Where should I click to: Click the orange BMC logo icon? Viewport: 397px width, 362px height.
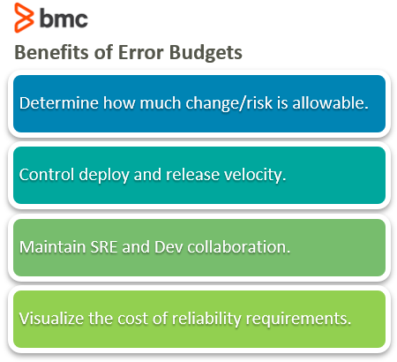coord(24,18)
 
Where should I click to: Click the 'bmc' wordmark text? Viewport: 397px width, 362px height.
coord(64,19)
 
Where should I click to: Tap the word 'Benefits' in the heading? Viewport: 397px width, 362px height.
coord(51,52)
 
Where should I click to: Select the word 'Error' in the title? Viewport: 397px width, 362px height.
coord(140,52)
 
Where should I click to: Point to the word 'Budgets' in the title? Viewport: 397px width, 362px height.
coord(206,53)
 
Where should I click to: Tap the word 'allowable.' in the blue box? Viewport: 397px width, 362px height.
coord(330,103)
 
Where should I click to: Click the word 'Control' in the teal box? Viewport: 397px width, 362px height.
coord(47,175)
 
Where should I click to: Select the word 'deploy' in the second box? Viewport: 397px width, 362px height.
coord(104,176)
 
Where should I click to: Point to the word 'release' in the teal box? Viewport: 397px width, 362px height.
coord(192,175)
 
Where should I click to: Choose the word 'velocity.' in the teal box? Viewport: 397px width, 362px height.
coord(255,175)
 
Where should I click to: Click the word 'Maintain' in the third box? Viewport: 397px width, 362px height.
coord(52,246)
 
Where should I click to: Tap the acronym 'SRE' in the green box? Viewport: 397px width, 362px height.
coord(104,246)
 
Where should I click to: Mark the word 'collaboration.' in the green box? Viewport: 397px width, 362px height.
coord(239,246)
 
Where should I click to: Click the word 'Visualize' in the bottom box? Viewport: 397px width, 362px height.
coord(51,319)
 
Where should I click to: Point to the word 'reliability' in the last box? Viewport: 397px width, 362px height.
coord(206,320)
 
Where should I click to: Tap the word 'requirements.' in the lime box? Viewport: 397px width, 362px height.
coord(298,320)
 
